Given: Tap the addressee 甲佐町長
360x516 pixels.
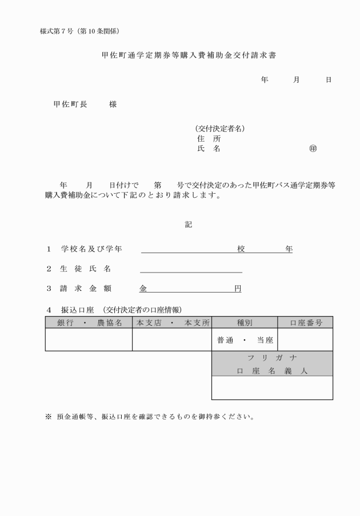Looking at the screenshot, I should pyautogui.click(x=71, y=105).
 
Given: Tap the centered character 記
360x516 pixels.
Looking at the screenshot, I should pyautogui.click(x=189, y=225).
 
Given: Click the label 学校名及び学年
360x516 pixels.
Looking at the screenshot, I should pyautogui.click(x=92, y=249).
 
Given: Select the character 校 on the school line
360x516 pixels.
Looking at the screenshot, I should pyautogui.click(x=241, y=249).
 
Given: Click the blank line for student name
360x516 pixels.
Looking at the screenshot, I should pyautogui.click(x=191, y=269).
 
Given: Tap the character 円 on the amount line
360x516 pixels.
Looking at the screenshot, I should pyautogui.click(x=238, y=289).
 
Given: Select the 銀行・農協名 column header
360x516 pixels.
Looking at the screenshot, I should pyautogui.click(x=89, y=323).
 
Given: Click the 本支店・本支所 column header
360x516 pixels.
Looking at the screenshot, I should pyautogui.click(x=172, y=323).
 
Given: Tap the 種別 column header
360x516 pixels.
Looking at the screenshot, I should pyautogui.click(x=244, y=323).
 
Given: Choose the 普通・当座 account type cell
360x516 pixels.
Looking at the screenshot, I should pyautogui.click(x=244, y=340).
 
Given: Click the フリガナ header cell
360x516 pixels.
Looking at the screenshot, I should pyautogui.click(x=272, y=358).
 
